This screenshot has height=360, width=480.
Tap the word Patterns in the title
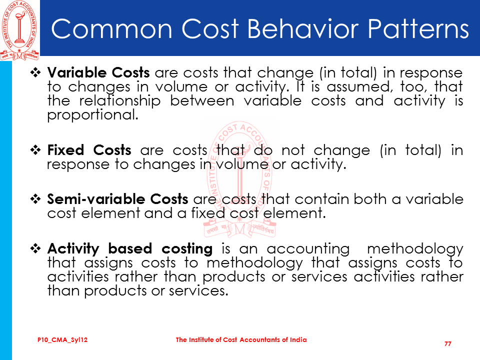[418, 28]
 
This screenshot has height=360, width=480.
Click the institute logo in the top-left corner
[19, 30]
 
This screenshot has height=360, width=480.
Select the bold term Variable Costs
[98, 73]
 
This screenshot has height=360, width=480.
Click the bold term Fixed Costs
[89, 150]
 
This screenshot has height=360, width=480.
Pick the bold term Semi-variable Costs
[117, 199]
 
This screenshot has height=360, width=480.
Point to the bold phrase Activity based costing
[130, 248]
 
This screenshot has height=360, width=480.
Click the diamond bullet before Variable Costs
[35, 72]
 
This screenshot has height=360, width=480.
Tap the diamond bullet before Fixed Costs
[35, 150]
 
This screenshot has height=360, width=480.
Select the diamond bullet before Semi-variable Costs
[35, 199]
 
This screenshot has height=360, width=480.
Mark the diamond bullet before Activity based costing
[35, 248]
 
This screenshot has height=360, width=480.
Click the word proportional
[93, 115]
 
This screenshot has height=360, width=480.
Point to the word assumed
[360, 87]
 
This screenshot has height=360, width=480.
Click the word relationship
[119, 101]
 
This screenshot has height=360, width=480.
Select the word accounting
[308, 249]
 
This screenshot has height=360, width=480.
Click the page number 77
[448, 344]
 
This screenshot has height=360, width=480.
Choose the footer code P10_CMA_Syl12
[62, 340]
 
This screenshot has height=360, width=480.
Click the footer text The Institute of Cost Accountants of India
[241, 339]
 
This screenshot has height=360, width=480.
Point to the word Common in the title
[111, 28]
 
